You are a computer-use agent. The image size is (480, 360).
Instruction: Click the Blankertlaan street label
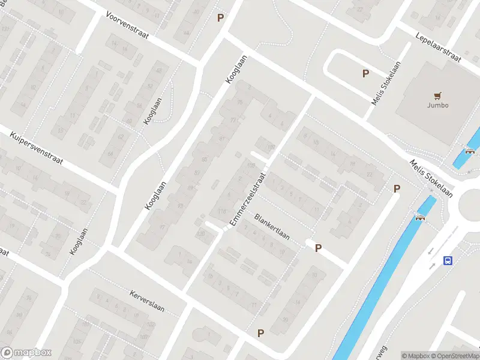pos(272,227)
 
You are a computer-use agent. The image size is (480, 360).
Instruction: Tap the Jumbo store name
pos(437,106)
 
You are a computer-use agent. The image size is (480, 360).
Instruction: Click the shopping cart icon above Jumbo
pos(437,95)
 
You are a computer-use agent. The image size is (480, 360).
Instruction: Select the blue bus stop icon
pos(448,260)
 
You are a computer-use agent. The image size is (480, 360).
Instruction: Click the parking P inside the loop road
pos(365,74)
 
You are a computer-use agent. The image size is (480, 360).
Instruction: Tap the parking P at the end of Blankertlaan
pos(318,248)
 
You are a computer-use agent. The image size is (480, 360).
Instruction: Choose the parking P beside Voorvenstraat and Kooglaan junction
pos(220,18)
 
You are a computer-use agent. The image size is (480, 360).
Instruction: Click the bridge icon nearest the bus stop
pos(420,217)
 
